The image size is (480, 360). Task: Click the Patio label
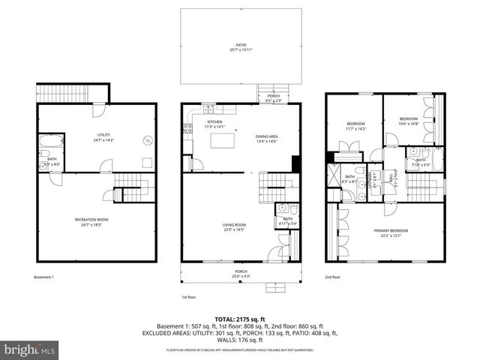(241, 47)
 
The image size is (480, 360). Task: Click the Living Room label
(235, 227)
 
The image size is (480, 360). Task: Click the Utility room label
(97, 115)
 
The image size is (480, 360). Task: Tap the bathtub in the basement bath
(52, 142)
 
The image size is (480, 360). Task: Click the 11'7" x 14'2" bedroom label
(355, 126)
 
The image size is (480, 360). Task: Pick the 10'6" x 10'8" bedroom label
(408, 121)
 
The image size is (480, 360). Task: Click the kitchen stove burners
(187, 128)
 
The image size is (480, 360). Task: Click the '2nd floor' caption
(333, 277)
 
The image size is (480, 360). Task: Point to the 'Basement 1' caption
(44, 277)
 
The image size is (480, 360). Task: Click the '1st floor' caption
(190, 297)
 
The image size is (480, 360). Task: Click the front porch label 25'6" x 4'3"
(241, 274)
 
